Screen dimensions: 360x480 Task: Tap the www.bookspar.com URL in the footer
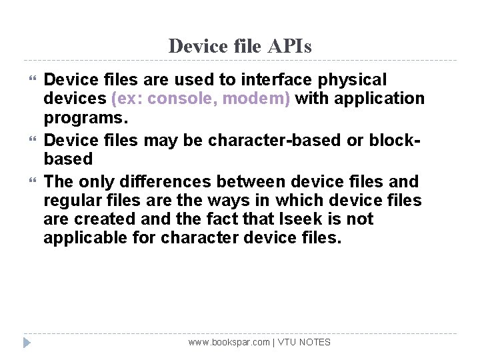(x=229, y=342)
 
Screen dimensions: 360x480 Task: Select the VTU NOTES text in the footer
(x=304, y=342)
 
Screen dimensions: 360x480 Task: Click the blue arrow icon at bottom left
(x=26, y=343)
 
